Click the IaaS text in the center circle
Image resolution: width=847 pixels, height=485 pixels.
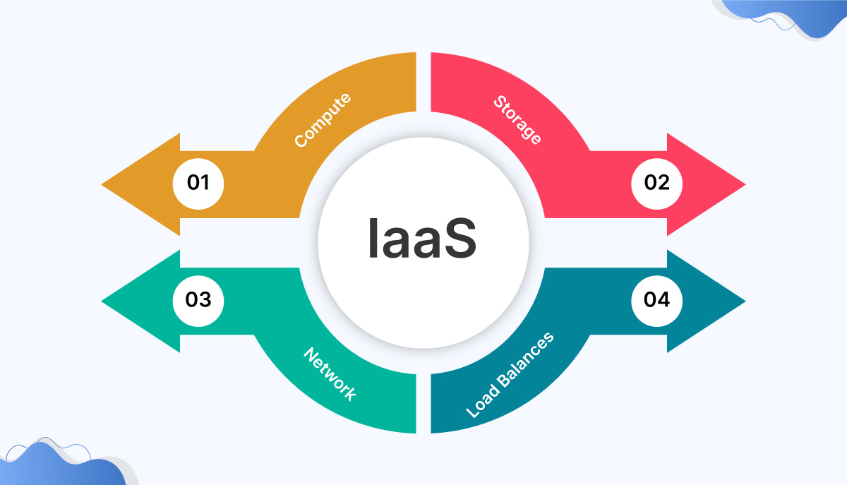pyautogui.click(x=422, y=238)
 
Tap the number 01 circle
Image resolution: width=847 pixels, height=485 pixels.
pyautogui.click(x=198, y=184)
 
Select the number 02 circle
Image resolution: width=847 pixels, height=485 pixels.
pyautogui.click(x=656, y=184)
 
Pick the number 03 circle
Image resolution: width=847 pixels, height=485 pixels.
pyautogui.click(x=198, y=300)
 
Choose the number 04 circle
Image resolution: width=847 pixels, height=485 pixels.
pyautogui.click(x=656, y=300)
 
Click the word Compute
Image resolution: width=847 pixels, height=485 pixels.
pyautogui.click(x=322, y=121)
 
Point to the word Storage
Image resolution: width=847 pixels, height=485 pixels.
pyautogui.click(x=517, y=121)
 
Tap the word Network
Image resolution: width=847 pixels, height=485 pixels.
pyautogui.click(x=330, y=373)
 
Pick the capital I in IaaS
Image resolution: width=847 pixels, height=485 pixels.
pyautogui.click(x=373, y=238)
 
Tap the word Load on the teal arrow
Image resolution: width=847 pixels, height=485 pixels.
pyautogui.click(x=483, y=398)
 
